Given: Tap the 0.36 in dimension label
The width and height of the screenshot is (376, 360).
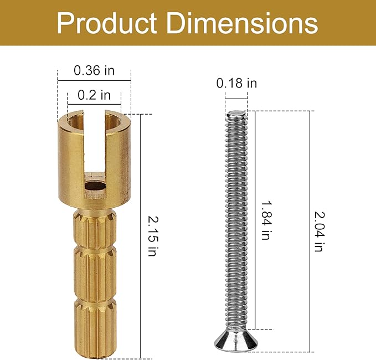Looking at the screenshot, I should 94,70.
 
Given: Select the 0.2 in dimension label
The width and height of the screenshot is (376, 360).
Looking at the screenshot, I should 94,95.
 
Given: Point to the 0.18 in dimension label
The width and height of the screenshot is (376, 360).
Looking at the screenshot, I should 236,83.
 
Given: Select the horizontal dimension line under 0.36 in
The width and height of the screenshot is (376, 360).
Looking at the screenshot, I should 94,81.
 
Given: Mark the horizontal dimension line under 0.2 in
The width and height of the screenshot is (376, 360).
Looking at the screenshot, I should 94,104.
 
